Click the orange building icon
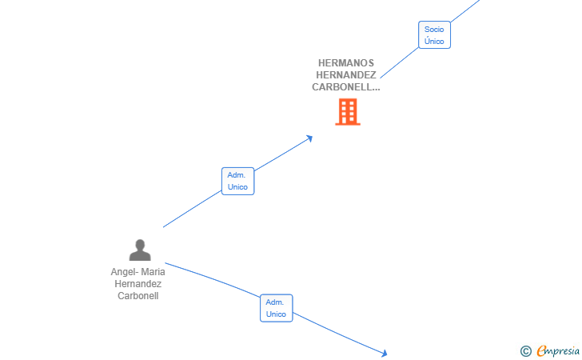point(348,112)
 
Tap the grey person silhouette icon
point(140,250)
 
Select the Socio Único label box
point(434,35)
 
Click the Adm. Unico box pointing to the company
point(238,181)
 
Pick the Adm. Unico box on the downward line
point(276,308)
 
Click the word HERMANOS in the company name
point(346,63)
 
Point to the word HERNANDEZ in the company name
point(346,75)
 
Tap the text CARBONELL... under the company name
point(346,87)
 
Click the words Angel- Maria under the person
point(138,272)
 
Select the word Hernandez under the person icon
point(138,284)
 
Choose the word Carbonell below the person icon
point(138,296)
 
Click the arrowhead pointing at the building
point(309,138)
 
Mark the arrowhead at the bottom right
point(384,353)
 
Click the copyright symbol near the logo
point(526,351)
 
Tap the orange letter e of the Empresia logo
point(541,350)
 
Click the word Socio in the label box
point(434,30)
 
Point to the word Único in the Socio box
point(434,41)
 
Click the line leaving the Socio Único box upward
point(465,10)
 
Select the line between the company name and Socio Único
point(400,62)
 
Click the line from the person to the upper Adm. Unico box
point(192,209)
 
